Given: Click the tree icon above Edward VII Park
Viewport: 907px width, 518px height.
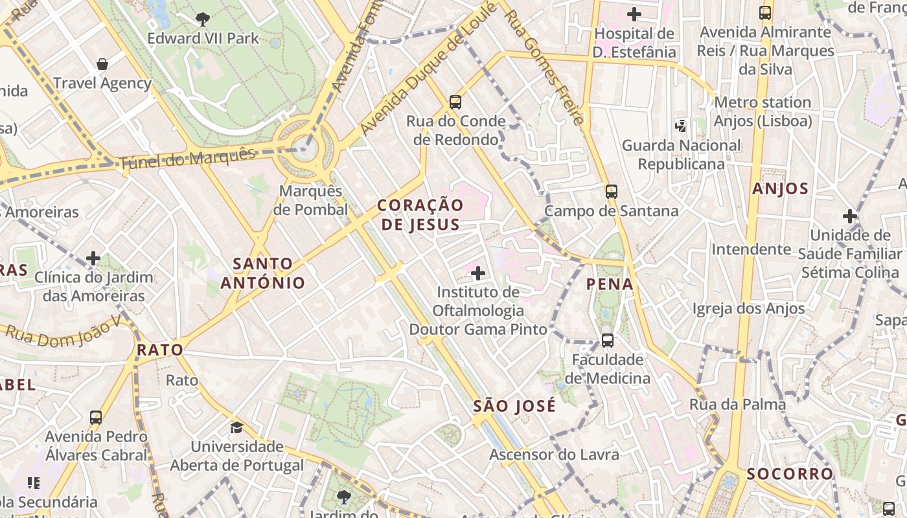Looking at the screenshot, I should (203, 19).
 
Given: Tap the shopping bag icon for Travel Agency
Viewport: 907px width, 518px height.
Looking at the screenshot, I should (102, 63).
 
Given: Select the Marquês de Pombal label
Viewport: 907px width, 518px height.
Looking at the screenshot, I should (310, 200).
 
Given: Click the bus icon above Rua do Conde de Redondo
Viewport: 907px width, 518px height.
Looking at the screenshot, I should (455, 102).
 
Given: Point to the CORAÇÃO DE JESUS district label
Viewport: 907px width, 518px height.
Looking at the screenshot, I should (420, 215).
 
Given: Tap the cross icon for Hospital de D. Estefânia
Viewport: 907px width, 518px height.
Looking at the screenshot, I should (634, 14).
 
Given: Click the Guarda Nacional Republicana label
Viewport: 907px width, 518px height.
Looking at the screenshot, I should (681, 155).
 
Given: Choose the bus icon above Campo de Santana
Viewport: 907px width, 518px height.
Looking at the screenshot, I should (611, 191).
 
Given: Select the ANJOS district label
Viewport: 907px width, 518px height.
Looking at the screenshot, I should (781, 189).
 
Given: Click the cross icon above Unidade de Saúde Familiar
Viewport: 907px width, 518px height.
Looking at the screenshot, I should (850, 216).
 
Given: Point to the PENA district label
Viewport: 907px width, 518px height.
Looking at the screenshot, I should (610, 284).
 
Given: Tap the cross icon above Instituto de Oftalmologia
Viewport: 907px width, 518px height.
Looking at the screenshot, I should (478, 273).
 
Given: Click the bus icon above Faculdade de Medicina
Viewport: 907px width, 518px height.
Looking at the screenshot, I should (607, 340).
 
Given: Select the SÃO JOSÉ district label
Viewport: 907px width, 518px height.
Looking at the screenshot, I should (514, 406).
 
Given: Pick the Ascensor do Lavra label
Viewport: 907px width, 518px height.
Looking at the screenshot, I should (554, 455).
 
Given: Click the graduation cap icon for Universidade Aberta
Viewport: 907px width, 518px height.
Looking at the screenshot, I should (236, 427).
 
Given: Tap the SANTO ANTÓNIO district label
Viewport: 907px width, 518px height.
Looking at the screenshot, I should (262, 273).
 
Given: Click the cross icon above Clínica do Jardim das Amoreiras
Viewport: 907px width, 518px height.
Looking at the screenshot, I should (93, 258).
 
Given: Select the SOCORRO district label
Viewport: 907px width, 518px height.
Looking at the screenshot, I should (790, 474).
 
